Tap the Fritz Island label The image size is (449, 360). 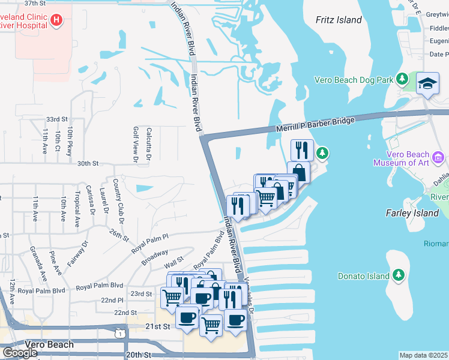coord(339,20)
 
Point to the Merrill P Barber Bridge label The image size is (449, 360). coord(316,125)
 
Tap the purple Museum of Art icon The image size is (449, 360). coord(438,158)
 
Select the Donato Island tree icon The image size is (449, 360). coord(397,276)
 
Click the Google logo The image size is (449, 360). coord(19,353)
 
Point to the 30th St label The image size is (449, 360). coord(87,163)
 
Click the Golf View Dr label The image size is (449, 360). coord(134,145)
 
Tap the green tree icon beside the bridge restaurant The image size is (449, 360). coord(323,154)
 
